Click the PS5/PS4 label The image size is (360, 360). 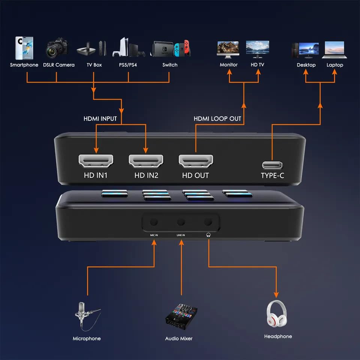coord(128,65)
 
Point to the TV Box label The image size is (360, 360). coord(94,65)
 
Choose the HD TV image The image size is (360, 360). coord(257,49)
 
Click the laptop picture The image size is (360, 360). coord(334,49)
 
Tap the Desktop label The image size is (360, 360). coord(306,65)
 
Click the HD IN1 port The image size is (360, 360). coord(96,161)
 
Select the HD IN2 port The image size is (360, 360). coord(146,161)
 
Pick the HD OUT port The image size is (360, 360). coord(195,161)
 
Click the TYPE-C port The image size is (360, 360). coord(273,165)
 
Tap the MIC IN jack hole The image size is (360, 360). coord(153,222)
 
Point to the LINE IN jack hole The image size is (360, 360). coord(181,222)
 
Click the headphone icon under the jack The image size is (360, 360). coord(208,235)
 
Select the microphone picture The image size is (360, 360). coord(87,316)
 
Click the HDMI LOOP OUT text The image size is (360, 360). coord(217,118)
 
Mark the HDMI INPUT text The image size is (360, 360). coord(100,118)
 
